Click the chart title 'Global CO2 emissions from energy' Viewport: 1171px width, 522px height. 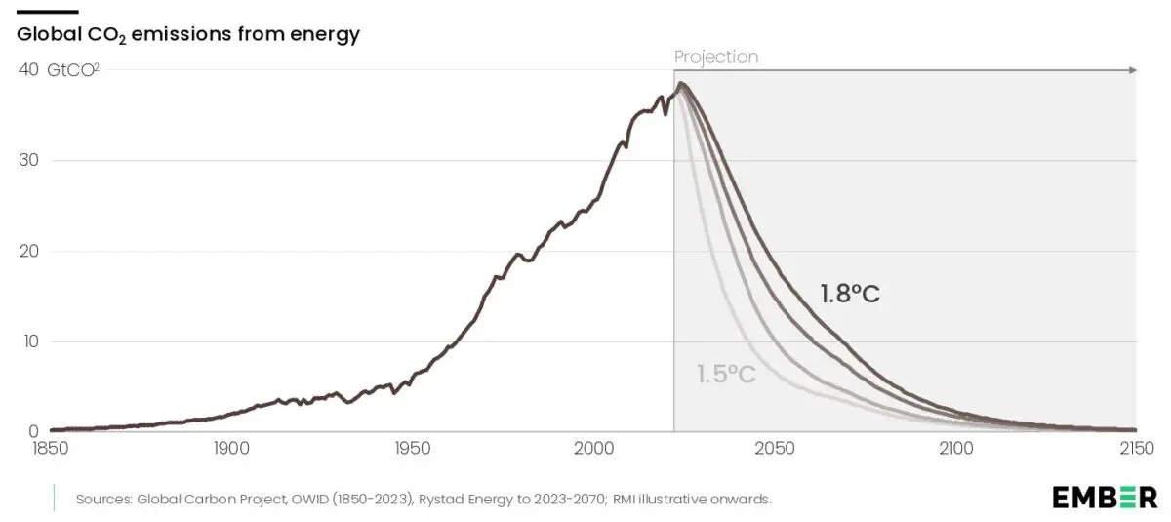(188, 35)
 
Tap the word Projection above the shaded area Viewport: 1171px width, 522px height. (716, 57)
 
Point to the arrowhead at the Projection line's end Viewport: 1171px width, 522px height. (1132, 70)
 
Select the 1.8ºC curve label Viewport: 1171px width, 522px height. (850, 293)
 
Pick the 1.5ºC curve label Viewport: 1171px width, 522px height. (726, 374)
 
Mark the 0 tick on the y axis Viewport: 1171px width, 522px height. (33, 431)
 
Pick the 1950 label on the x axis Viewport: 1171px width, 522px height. (412, 450)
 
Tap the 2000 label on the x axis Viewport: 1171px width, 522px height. (594, 450)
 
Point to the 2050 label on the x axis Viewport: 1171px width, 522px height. (775, 450)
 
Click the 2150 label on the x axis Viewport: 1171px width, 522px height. (1135, 450)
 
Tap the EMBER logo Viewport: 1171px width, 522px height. (1105, 497)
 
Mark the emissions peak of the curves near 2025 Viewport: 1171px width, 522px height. (682, 84)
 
